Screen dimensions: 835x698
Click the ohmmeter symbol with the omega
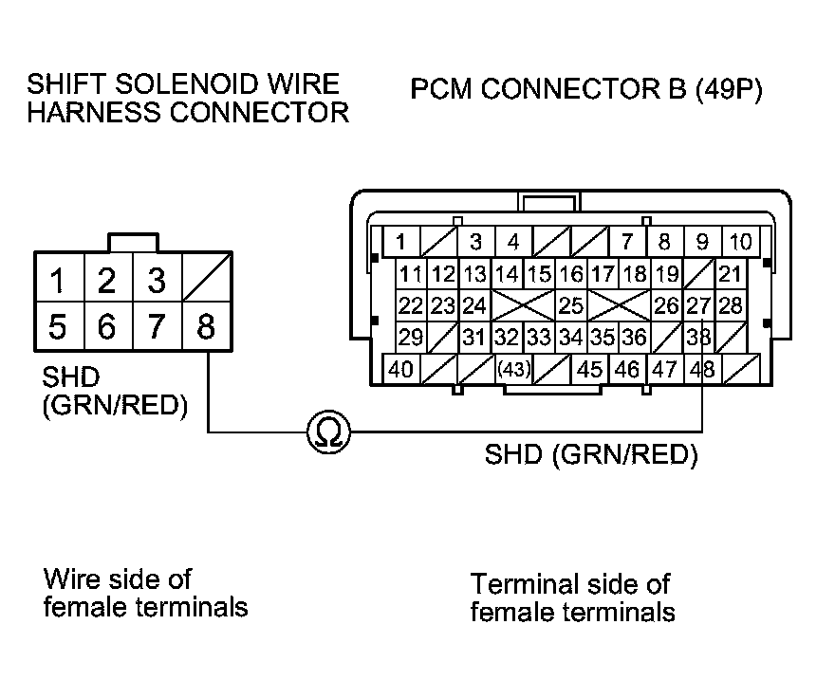point(329,432)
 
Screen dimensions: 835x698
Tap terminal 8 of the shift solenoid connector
point(207,326)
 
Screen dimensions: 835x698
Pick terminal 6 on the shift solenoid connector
point(108,326)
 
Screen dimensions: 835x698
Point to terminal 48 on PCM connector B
point(702,368)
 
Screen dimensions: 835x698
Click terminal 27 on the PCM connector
point(698,305)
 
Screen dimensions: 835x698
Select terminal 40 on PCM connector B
point(401,368)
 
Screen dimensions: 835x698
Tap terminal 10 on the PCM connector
point(741,242)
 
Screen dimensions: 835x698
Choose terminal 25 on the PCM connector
point(571,305)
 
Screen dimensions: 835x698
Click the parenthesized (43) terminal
point(514,368)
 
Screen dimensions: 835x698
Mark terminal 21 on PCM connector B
point(730,274)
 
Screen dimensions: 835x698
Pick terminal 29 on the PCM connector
point(411,337)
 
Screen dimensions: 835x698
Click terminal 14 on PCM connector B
point(507,274)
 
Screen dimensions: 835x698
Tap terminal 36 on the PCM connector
point(634,337)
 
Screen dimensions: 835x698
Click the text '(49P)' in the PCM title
point(729,89)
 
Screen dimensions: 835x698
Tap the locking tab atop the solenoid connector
point(133,242)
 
